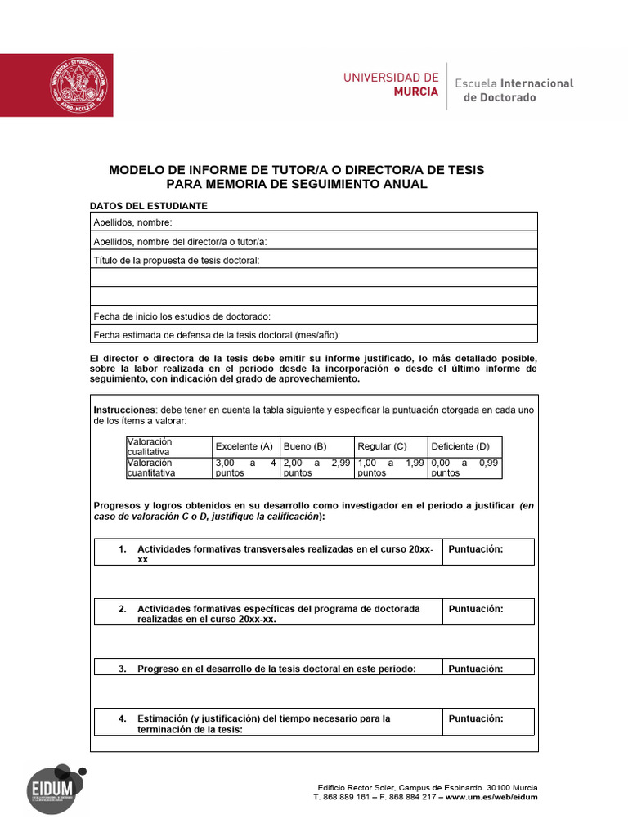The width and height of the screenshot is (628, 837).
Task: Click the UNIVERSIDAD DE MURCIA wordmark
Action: click(x=391, y=84)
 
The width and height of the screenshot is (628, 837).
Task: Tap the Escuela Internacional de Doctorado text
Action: click(x=514, y=90)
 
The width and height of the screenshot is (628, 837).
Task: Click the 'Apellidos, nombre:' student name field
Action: click(x=313, y=222)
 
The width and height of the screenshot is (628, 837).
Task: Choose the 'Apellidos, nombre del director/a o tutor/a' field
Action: click(x=313, y=241)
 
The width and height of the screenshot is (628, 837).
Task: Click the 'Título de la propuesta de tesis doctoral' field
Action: click(x=313, y=260)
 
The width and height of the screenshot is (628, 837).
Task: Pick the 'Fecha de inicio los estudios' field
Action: click(x=313, y=316)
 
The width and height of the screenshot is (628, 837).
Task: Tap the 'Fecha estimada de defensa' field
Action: click(x=313, y=334)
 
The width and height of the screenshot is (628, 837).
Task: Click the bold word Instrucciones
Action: click(x=123, y=409)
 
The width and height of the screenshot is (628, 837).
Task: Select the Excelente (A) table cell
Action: click(x=244, y=446)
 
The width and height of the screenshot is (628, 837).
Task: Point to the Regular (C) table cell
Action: click(x=390, y=446)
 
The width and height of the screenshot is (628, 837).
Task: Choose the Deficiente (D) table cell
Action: click(x=464, y=446)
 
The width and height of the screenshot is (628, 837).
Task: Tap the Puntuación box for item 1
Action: click(x=488, y=552)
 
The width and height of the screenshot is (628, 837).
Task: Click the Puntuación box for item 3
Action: click(x=488, y=668)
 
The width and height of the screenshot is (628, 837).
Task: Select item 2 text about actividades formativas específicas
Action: click(x=278, y=614)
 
